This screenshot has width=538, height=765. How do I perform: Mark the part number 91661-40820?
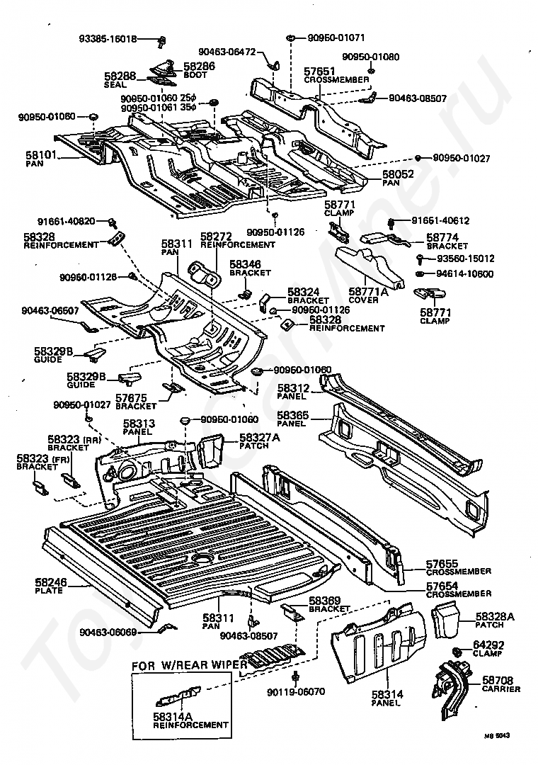point(65,221)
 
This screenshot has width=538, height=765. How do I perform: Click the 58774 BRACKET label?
point(446,242)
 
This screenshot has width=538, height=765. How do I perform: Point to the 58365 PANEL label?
point(290,419)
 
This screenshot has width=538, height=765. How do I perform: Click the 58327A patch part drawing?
point(210,451)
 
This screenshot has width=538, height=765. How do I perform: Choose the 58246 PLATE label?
point(49,586)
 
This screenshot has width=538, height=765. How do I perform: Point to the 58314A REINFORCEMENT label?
point(190,720)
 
